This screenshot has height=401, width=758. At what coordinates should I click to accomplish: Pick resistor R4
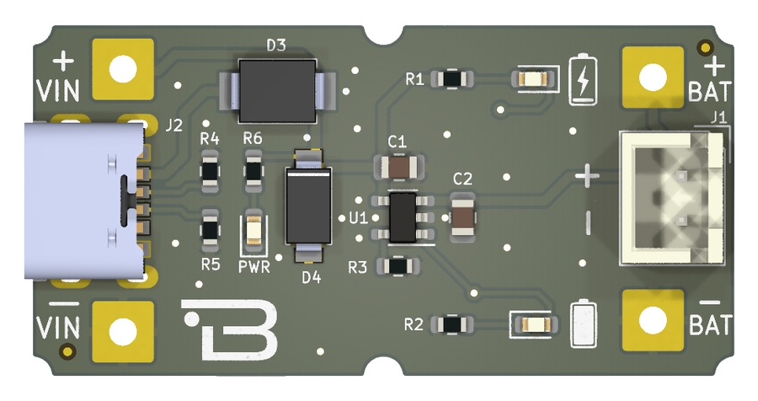tap(210, 171)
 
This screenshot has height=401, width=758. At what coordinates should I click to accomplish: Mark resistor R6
tap(254, 171)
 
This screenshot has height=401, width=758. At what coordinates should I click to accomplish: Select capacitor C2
tap(462, 217)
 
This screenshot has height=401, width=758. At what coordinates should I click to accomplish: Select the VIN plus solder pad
tap(123, 69)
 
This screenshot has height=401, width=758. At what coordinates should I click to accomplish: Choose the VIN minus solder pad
tap(123, 331)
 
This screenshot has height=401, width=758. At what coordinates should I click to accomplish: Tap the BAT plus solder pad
tap(653, 78)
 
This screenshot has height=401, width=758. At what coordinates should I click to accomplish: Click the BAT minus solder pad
tap(653, 321)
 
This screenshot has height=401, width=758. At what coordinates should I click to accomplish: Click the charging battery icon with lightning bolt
tap(582, 79)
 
